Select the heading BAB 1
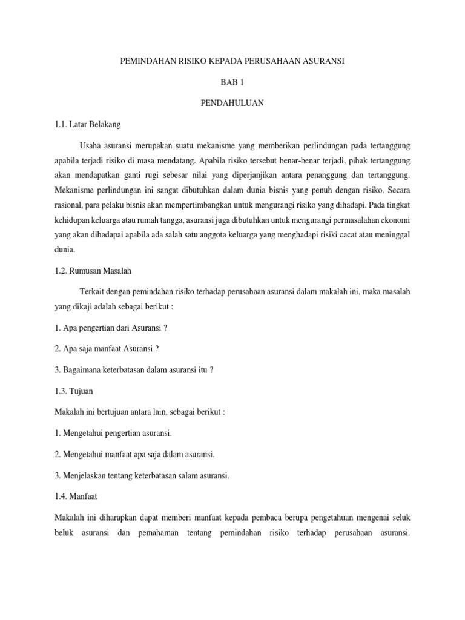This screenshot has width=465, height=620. click(232, 83)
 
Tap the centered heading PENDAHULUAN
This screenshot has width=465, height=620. click(232, 104)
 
